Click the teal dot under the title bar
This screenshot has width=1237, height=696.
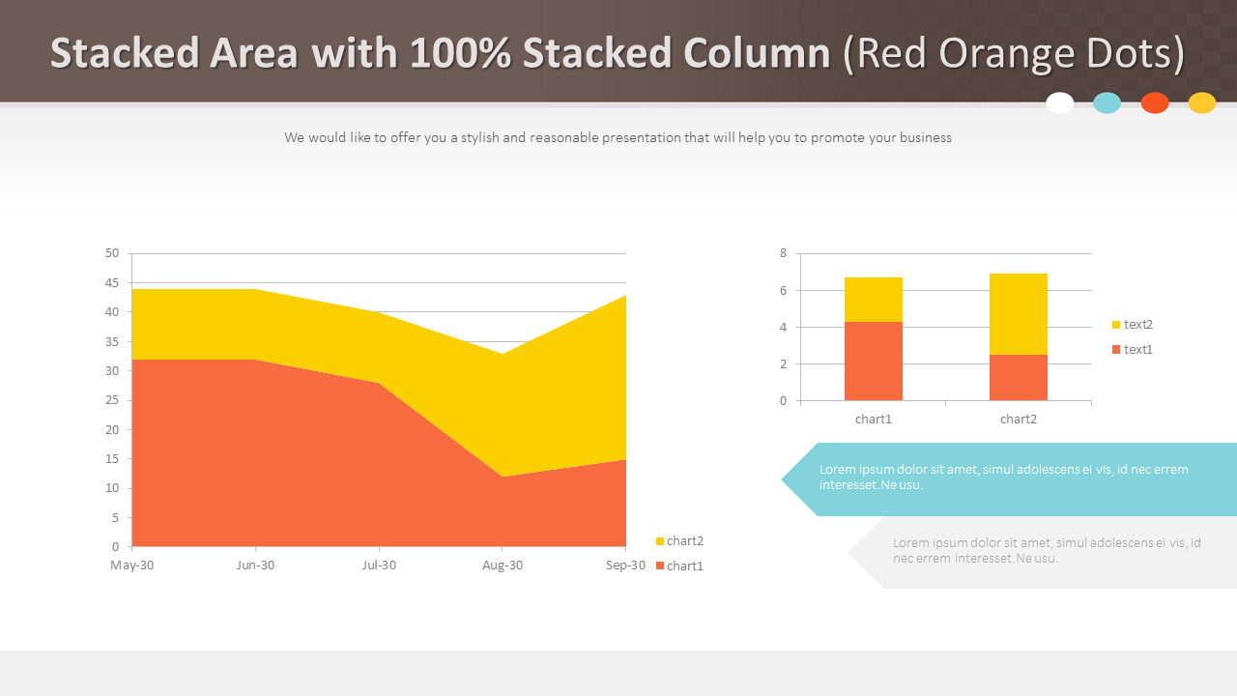[x=1107, y=103]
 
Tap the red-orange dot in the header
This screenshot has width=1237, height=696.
[x=1155, y=103]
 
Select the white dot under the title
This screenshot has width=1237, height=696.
[x=1060, y=103]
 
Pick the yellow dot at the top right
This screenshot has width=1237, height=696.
[x=1202, y=103]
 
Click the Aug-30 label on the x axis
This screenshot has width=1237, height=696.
[x=503, y=565]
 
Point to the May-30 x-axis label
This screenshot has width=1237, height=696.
[x=131, y=565]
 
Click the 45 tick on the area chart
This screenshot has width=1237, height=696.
[x=112, y=283]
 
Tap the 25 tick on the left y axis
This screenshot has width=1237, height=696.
[x=112, y=400]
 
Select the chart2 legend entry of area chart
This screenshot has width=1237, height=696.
[x=680, y=541]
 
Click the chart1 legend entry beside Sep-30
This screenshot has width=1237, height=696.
[x=680, y=566]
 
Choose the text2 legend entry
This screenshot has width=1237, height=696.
[x=1134, y=325]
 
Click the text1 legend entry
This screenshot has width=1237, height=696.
[x=1134, y=350]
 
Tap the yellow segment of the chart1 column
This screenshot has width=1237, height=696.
[x=873, y=300]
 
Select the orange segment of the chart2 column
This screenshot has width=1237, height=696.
[x=1018, y=378]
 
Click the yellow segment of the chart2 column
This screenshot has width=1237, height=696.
[x=1018, y=314]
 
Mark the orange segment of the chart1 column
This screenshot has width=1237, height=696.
[x=873, y=362]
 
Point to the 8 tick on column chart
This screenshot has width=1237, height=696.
[x=784, y=253]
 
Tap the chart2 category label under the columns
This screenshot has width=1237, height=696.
[x=1019, y=420]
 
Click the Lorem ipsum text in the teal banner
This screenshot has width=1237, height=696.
[x=1003, y=477]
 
